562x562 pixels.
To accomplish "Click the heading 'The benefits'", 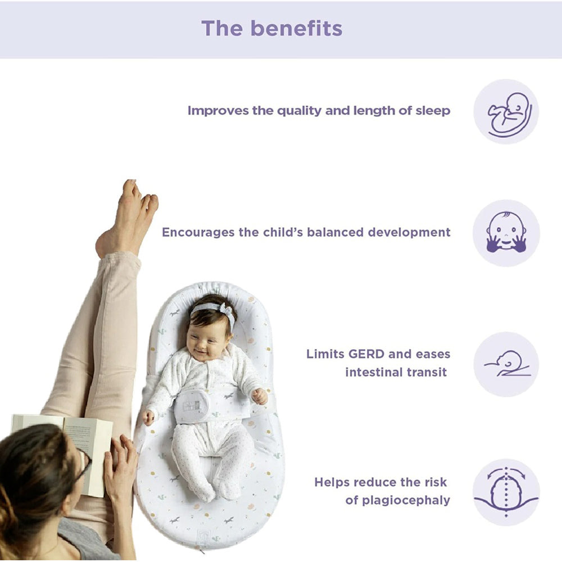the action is pos(271,28).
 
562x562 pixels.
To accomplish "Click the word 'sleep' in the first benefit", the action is pos(433,111).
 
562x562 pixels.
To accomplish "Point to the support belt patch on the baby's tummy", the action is pos(192,406).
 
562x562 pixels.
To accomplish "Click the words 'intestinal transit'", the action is pos(396,373).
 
